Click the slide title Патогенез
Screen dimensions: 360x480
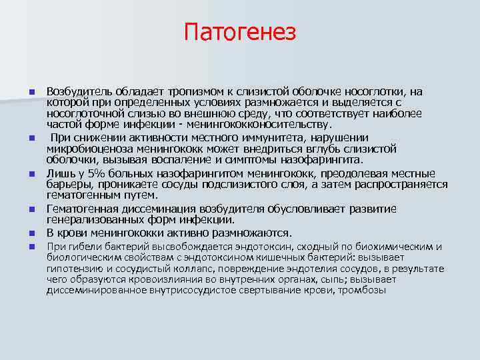tap(240, 31)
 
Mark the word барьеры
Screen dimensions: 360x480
tap(69, 185)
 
